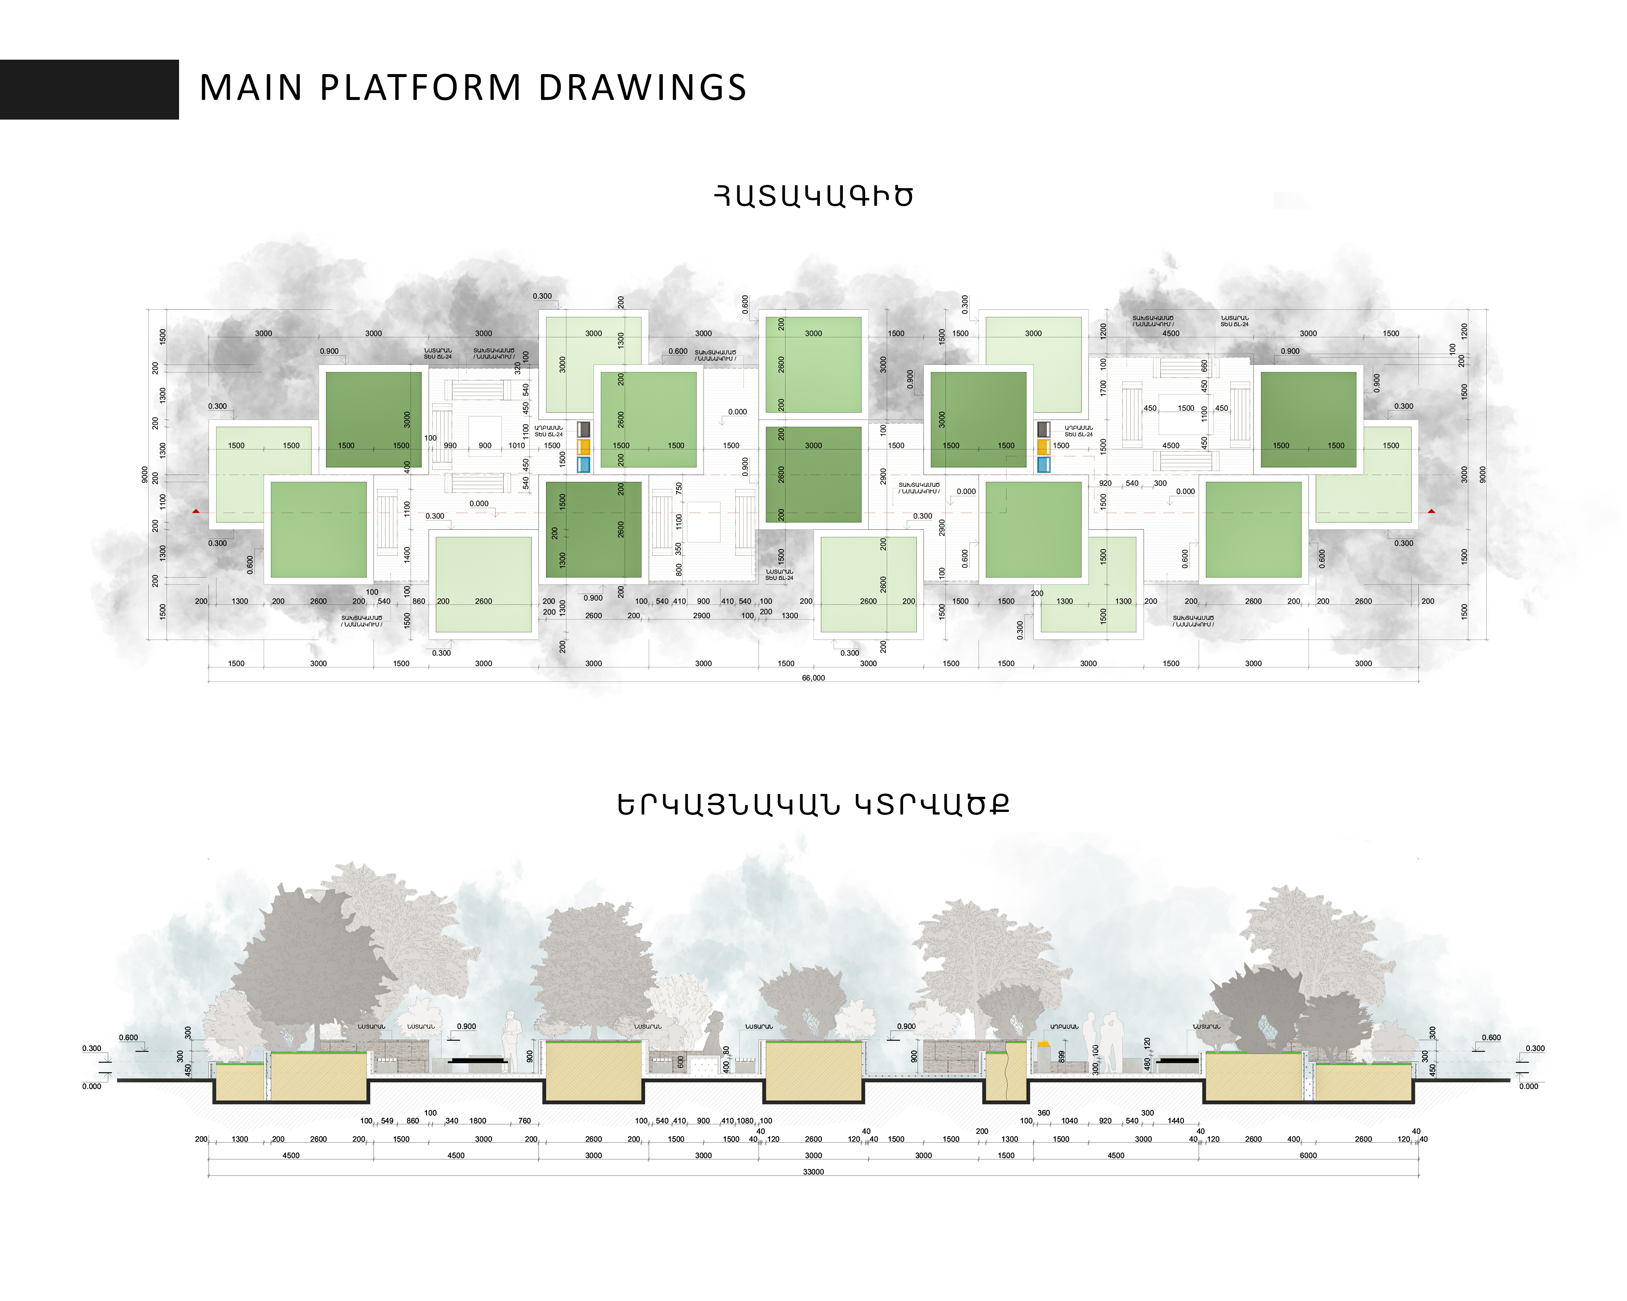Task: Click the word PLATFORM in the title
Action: coord(420,88)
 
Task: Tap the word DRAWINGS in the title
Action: coord(642,88)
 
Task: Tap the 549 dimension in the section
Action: coord(387,1121)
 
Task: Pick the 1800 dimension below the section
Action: coord(478,1121)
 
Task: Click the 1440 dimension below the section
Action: coord(1176,1121)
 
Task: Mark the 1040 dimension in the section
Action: coord(1069,1121)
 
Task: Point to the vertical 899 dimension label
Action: coord(1061,1057)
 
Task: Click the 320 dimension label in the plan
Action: coord(518,368)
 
